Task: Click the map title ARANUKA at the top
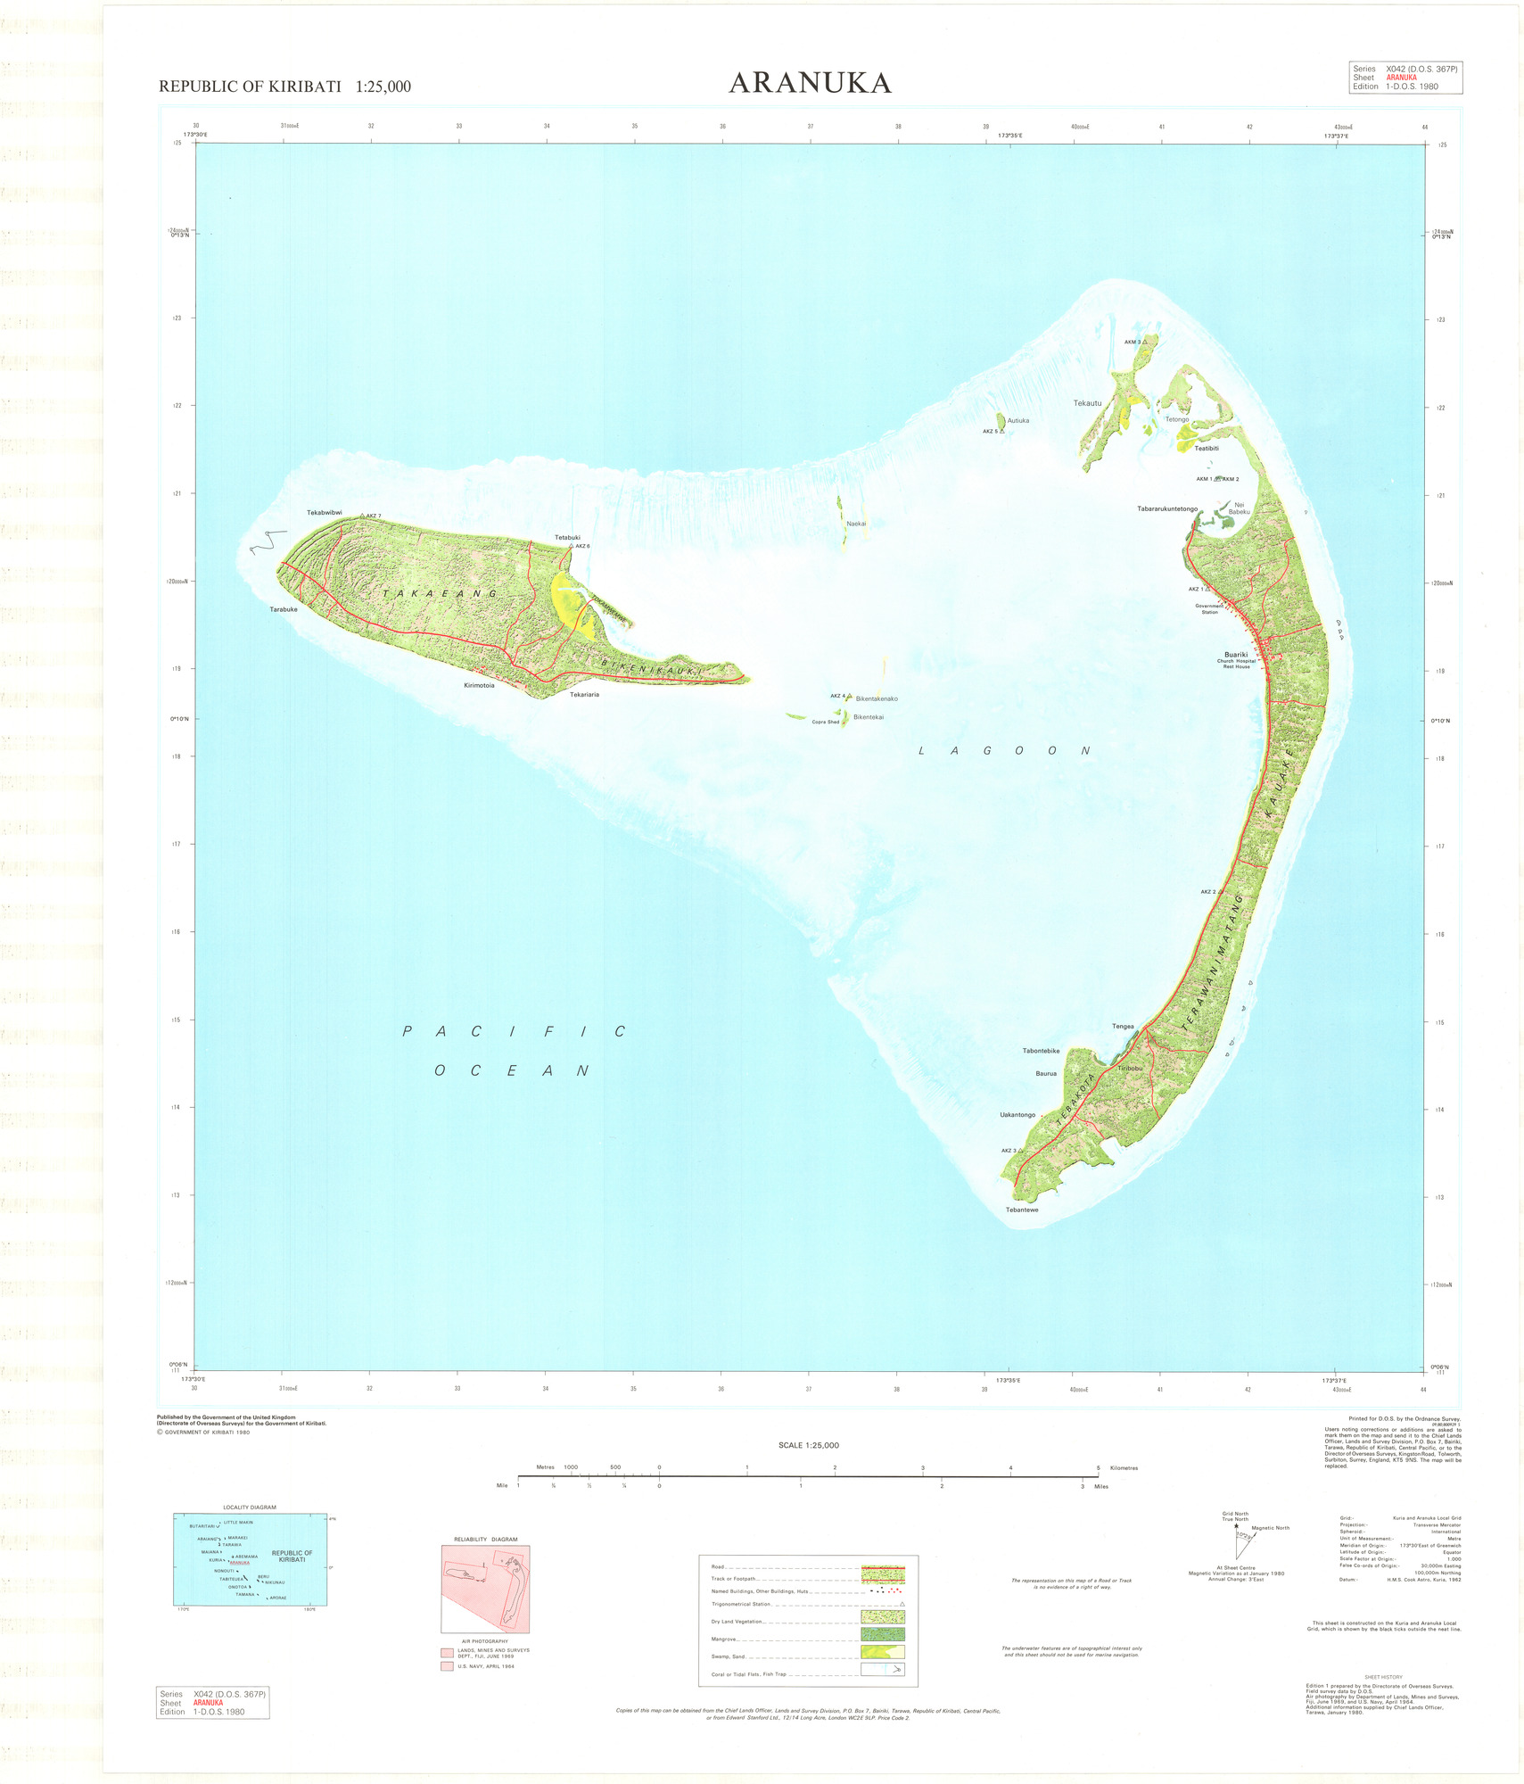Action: [810, 83]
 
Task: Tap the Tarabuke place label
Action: [284, 609]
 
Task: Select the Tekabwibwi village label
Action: [325, 513]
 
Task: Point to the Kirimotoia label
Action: [479, 685]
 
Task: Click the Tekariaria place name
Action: [584, 694]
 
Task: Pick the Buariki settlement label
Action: [1236, 655]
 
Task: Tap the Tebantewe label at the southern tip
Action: [1022, 1210]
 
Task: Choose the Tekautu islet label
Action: [1087, 403]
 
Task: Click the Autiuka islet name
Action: [1018, 421]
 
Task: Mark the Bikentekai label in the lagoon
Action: [869, 717]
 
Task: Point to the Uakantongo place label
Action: [1017, 1115]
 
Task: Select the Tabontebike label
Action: [1041, 1051]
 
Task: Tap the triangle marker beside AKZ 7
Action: [362, 516]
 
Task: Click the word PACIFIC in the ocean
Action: [514, 1032]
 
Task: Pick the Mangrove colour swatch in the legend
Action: [882, 1634]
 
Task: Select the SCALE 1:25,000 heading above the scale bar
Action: [808, 1445]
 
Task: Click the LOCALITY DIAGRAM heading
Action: [250, 1507]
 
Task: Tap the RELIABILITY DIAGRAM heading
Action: [485, 1540]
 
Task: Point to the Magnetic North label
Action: [1270, 1528]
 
